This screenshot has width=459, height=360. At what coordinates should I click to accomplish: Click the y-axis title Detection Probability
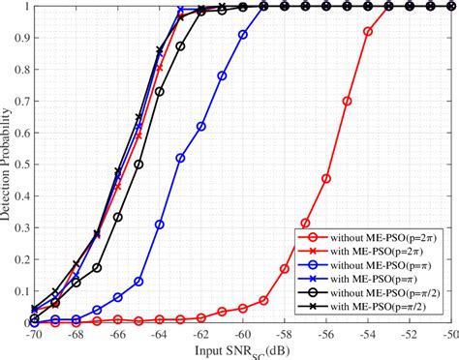point(9,165)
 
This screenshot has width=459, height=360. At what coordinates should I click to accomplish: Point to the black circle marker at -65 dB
point(138,165)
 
